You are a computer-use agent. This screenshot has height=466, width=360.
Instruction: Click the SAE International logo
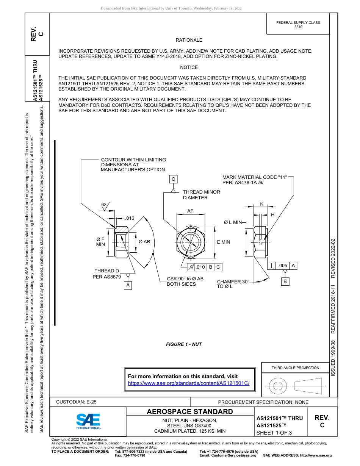pos(88,421)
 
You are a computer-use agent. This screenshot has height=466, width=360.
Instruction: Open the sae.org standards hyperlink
pos(189,383)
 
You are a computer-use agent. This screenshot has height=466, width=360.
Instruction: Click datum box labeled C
pos(173,179)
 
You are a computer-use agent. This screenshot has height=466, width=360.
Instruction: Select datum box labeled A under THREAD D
pos(128,285)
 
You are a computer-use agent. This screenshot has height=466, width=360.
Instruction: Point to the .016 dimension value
pos(130,218)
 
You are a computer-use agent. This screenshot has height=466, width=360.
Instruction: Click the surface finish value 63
pos(104,205)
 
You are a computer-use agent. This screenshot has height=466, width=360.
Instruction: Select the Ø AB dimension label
pos(144,242)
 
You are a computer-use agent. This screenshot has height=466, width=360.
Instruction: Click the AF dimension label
pos(191,211)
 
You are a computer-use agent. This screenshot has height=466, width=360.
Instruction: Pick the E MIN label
pos(223,242)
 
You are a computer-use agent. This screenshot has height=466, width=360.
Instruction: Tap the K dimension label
pos(261,204)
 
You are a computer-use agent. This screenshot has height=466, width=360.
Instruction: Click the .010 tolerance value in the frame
pos(200,267)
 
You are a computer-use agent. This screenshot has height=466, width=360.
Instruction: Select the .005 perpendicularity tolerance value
pos(282,266)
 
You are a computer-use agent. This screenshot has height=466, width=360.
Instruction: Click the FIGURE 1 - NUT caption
pos(184,344)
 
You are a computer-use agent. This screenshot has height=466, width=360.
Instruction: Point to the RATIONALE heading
pos(189,40)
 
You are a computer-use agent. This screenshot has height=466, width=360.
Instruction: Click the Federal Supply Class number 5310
pos(298,27)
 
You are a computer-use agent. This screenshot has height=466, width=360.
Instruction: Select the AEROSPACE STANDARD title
pos(190,412)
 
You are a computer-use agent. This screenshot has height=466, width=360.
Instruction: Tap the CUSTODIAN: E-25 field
pos(76,402)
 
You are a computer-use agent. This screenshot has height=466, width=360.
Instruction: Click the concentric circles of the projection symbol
pos(278,386)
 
